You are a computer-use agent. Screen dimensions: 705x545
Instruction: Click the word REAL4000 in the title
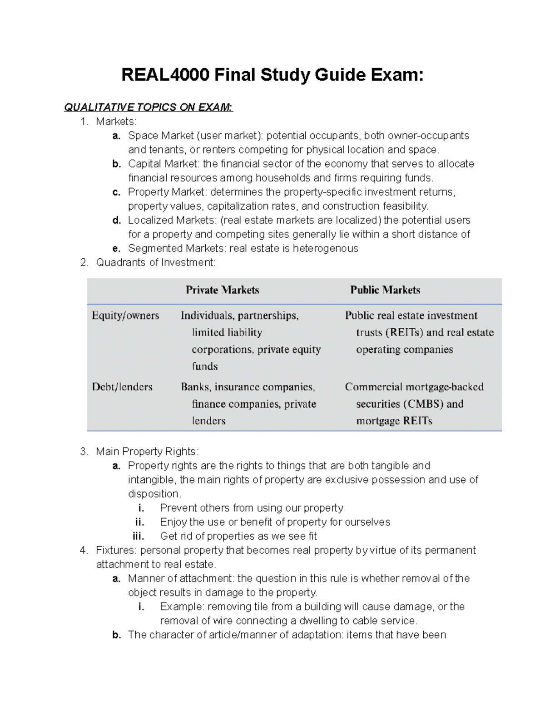point(165,75)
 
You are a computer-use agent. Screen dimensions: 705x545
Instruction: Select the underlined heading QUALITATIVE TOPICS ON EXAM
point(148,108)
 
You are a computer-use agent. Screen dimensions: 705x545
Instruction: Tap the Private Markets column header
point(222,290)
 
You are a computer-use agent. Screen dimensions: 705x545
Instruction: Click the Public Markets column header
point(385,290)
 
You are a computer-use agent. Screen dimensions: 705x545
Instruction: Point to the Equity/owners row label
point(125,316)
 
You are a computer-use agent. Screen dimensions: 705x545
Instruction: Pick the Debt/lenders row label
point(122,387)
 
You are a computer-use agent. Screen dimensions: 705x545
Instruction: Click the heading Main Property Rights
point(147,452)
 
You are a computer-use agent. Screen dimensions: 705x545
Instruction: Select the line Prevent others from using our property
point(251,508)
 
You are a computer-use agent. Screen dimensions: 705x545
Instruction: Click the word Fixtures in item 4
point(115,550)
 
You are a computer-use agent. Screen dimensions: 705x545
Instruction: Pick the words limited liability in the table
point(227,332)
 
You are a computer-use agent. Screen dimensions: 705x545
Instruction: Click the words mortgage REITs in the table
point(394,421)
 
